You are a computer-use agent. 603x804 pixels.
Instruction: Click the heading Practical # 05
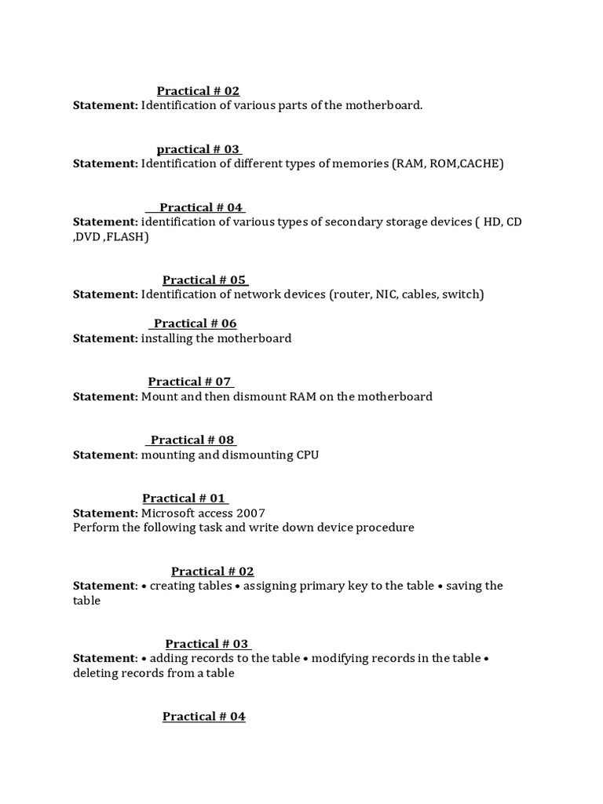205,280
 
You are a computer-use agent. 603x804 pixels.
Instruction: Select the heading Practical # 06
195,323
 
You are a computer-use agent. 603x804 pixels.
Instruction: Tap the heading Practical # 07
190,382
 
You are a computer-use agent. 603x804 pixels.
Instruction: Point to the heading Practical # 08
192,440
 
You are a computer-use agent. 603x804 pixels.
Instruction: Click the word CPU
306,455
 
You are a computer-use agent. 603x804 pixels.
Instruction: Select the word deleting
98,673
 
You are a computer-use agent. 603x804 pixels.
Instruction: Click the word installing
166,338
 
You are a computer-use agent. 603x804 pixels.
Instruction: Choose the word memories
359,164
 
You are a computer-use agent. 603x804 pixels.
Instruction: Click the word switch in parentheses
462,294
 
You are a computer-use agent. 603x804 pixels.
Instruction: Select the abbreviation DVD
88,236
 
